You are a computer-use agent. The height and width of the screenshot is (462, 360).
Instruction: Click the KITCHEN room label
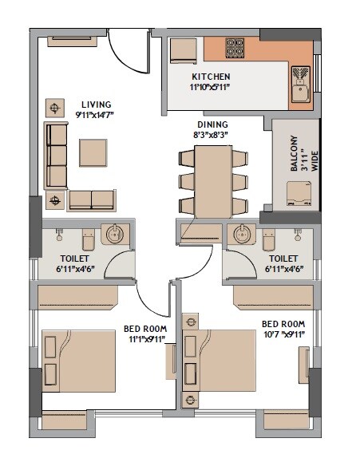212,77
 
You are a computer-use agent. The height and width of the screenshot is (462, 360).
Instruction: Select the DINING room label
212,124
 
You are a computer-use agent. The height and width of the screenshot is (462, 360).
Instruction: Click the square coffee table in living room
93,152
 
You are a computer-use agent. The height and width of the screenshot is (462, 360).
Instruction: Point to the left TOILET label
74,259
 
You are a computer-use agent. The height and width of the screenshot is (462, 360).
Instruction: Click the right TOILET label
283,259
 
